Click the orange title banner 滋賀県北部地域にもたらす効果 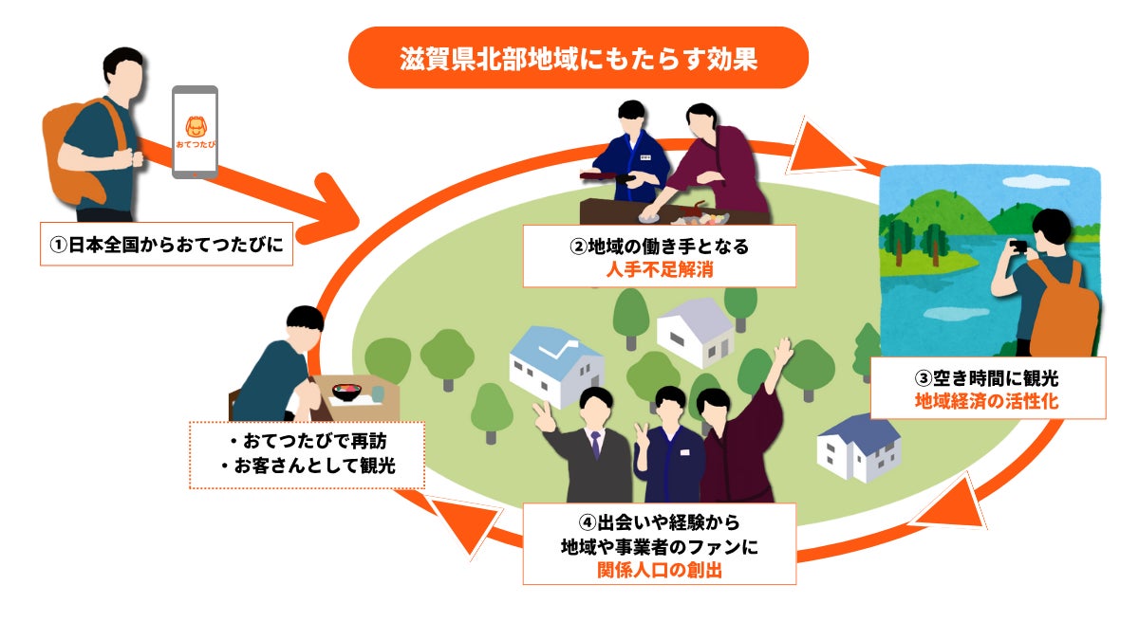[578, 58]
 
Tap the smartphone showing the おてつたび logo [196, 132]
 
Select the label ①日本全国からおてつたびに [167, 245]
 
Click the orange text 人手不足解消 [660, 269]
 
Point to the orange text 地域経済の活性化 [987, 401]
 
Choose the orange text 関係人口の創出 [660, 570]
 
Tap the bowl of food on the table [346, 393]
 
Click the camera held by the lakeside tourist [1018, 247]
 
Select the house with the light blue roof [557, 367]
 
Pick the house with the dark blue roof [859, 448]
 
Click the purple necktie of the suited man [595, 445]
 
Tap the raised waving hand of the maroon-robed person [783, 351]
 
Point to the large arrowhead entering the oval [330, 209]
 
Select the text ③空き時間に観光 [987, 378]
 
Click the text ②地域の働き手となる [660, 247]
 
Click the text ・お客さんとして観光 [308, 466]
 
